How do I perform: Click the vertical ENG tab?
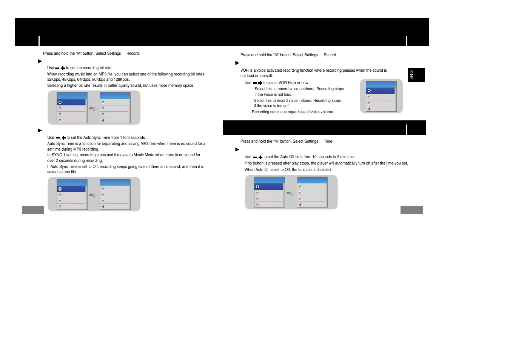pyautogui.click(x=416, y=75)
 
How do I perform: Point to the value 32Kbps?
pyautogui.click(x=54, y=80)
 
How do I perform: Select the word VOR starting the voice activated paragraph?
pyautogui.click(x=244, y=71)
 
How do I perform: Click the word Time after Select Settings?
pyautogui.click(x=328, y=142)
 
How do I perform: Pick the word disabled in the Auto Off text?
pyautogui.click(x=324, y=170)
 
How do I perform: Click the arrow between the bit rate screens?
pyautogui.click(x=93, y=108)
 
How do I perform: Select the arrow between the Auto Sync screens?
pyautogui.click(x=93, y=195)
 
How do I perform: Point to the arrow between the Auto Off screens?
pyautogui.click(x=291, y=193)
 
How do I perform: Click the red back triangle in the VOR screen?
pyautogui.click(x=369, y=109)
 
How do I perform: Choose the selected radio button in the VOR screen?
pyautogui.click(x=369, y=91)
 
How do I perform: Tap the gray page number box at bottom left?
pyautogui.click(x=33, y=210)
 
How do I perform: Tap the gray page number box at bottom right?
pyautogui.click(x=411, y=210)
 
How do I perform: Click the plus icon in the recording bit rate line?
pyautogui.click(x=63, y=68)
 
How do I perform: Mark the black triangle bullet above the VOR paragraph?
pyautogui.click(x=237, y=63)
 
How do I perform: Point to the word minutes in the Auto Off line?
pyautogui.click(x=347, y=157)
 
